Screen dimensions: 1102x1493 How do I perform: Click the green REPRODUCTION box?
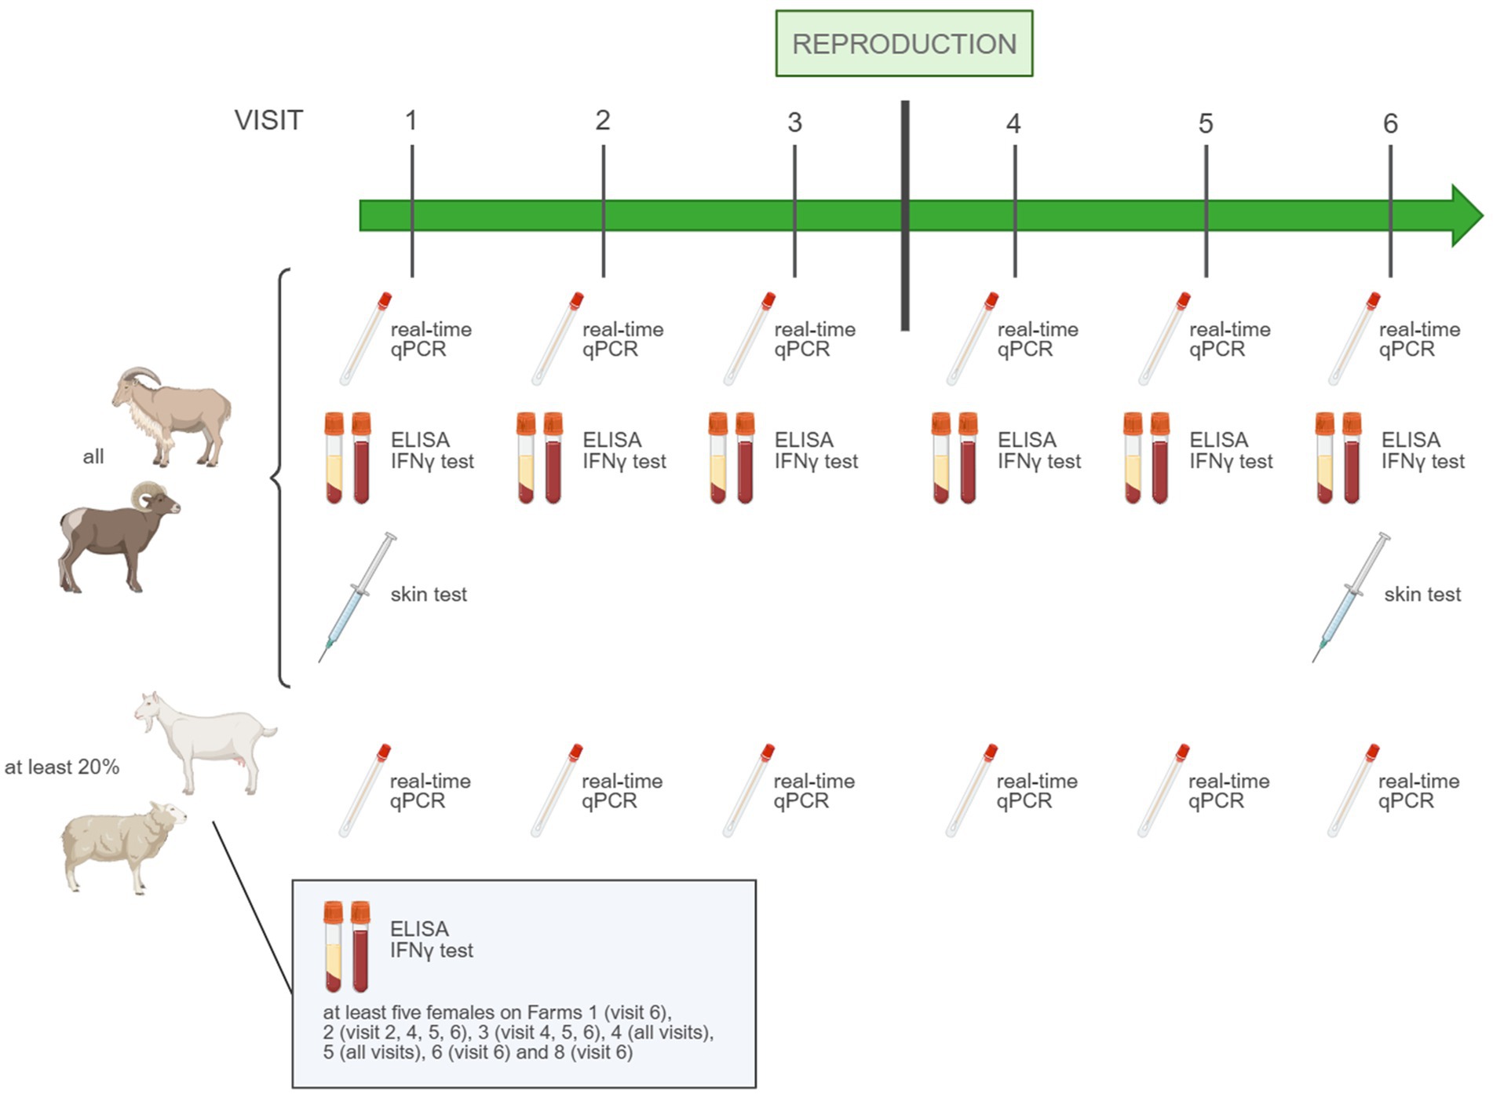click(x=903, y=43)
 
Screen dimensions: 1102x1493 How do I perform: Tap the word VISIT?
click(x=268, y=120)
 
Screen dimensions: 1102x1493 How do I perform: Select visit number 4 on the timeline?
click(x=1013, y=123)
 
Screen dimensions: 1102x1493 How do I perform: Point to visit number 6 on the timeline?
click(x=1390, y=123)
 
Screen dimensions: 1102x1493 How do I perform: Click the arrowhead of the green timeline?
click(x=1465, y=215)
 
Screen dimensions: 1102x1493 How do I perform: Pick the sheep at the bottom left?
click(x=122, y=847)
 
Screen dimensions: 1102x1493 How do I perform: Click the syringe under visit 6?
click(x=1350, y=597)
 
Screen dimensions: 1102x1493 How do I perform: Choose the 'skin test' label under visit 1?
click(x=429, y=595)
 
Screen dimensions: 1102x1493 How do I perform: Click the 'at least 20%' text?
click(x=62, y=767)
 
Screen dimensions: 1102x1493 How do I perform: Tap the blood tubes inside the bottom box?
click(x=346, y=946)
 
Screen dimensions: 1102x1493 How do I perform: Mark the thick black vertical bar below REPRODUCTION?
click(x=905, y=215)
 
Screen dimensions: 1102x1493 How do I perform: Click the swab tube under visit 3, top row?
click(x=749, y=339)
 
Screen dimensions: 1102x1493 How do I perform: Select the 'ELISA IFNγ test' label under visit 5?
click(x=1230, y=450)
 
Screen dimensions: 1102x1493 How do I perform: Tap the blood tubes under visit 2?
click(x=539, y=457)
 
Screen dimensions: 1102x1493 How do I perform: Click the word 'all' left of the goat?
click(x=93, y=456)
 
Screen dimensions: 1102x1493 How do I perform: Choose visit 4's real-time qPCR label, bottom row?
click(x=1037, y=790)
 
